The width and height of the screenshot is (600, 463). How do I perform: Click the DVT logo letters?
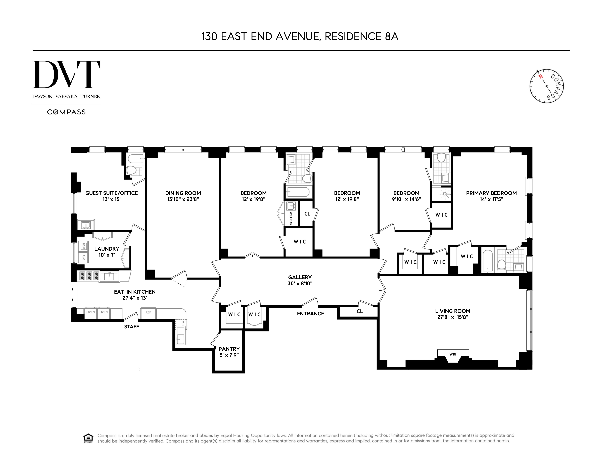[66, 75]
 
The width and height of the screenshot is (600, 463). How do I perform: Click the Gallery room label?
[300, 277]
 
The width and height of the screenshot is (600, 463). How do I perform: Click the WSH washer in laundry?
[83, 246]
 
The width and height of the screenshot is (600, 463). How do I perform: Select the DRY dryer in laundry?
[83, 257]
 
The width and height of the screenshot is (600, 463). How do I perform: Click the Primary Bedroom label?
[491, 193]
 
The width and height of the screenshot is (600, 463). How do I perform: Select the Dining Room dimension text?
[183, 199]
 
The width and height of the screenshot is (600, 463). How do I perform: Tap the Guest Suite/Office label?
[112, 193]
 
